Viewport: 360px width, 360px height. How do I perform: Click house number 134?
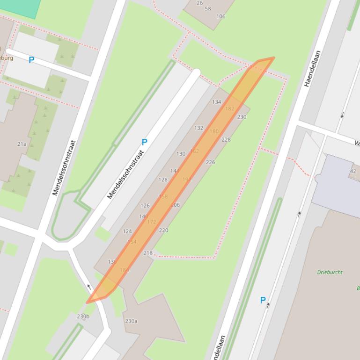tap(216, 102)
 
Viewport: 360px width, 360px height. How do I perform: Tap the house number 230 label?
tap(242, 117)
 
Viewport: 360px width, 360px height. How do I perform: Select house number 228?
tap(226, 139)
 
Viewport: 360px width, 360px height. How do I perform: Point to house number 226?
tap(210, 162)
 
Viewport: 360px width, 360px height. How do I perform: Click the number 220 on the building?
tap(163, 230)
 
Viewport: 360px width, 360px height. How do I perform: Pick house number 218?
tap(148, 253)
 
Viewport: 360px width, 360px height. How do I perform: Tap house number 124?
tap(127, 231)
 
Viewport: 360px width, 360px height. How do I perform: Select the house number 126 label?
tap(145, 205)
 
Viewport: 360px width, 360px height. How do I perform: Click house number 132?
tap(198, 128)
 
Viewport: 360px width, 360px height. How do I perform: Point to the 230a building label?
tap(131, 321)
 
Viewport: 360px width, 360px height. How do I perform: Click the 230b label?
tap(83, 317)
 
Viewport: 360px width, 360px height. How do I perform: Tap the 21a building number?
tap(22, 144)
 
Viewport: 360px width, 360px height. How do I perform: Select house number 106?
tap(220, 16)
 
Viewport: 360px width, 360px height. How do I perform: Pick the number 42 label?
tap(353, 171)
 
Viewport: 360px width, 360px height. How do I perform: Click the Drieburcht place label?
tap(330, 272)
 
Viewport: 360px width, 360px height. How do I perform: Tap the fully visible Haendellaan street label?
tap(313, 68)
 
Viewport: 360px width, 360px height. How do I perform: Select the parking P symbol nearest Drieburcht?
tap(263, 300)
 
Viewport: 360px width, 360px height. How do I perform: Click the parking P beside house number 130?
tap(145, 142)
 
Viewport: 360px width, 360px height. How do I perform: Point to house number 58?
tap(208, 8)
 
